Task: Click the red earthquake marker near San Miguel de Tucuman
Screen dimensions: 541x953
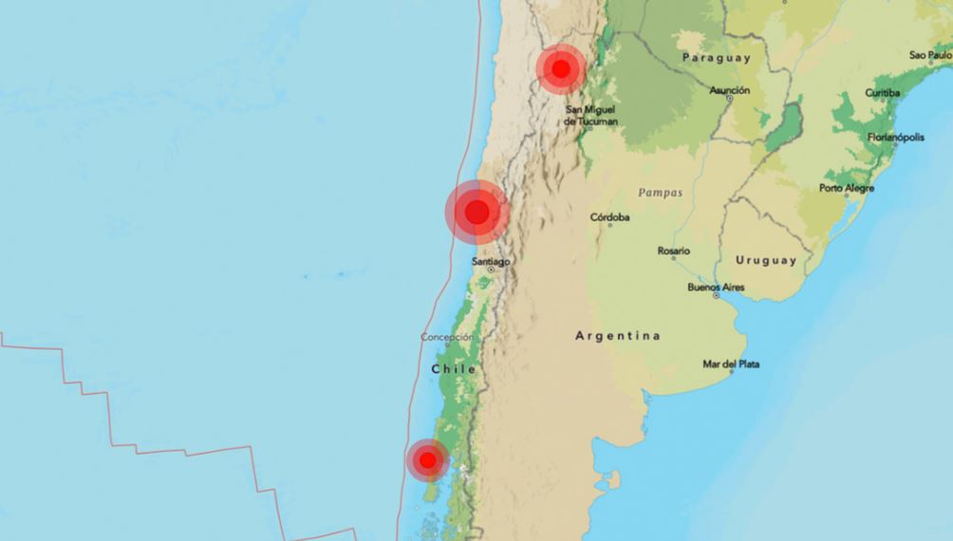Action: click(560, 68)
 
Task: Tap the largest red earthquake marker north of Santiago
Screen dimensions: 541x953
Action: click(477, 212)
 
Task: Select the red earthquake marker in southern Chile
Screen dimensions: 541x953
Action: click(427, 460)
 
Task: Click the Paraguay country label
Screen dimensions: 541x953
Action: click(716, 58)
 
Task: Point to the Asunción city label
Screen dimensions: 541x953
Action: click(730, 90)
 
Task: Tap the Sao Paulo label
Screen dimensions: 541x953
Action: click(930, 56)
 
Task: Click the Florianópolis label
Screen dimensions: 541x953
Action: click(895, 138)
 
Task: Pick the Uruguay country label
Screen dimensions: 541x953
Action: click(766, 260)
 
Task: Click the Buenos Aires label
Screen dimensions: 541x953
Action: click(717, 288)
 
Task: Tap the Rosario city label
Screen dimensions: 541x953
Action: click(674, 252)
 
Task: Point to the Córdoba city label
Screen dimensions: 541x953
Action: click(609, 217)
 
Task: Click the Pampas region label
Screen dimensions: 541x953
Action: click(660, 193)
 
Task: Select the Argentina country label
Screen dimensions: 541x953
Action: click(618, 336)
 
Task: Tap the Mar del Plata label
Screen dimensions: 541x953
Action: click(731, 364)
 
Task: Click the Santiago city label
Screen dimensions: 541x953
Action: click(491, 261)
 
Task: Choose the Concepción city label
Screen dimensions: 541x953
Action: click(447, 338)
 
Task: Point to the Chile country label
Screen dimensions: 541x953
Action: click(453, 368)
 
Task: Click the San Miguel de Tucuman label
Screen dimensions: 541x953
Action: click(590, 116)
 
